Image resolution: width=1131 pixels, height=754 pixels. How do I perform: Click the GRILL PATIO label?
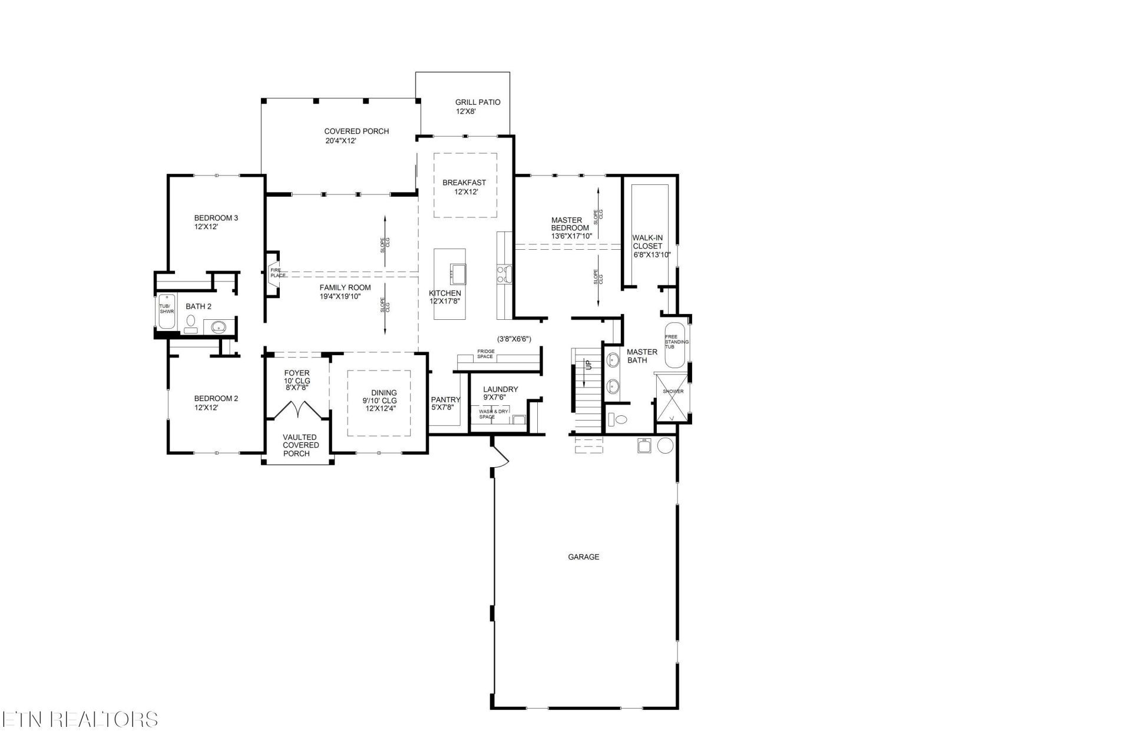coord(478,102)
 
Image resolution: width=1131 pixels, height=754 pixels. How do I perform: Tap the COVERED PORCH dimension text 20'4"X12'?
coord(341,141)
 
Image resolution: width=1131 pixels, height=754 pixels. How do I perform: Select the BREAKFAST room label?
coord(464,183)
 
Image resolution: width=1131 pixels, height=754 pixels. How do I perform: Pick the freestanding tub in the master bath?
coord(676,345)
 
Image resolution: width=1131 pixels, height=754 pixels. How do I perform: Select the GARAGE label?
coord(583,557)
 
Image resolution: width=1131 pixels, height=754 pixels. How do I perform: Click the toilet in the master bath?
coord(618,419)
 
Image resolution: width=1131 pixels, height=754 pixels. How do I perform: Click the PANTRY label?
coord(445,400)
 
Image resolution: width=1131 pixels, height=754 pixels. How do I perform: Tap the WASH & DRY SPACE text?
coord(493,414)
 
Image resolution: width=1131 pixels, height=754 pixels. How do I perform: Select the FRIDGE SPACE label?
coord(486,354)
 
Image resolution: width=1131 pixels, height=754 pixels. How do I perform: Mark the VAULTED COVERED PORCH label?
coord(300,445)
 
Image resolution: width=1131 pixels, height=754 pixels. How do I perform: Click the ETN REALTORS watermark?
coord(80,719)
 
